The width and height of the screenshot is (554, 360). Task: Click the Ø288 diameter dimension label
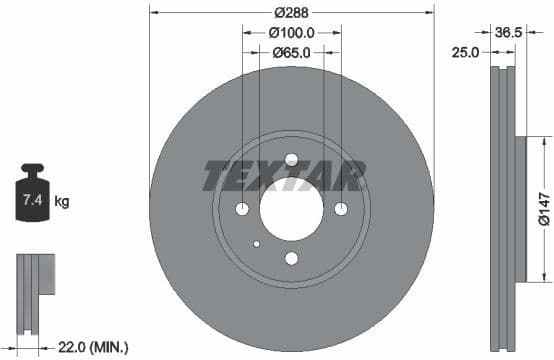291,14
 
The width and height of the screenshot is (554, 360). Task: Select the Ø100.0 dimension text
292,32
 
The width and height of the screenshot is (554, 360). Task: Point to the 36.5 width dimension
510,32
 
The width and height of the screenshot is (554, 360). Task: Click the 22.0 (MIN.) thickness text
93,347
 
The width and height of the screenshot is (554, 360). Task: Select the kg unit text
62,202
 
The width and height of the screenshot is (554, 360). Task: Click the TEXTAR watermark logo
283,176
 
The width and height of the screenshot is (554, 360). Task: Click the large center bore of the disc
291,209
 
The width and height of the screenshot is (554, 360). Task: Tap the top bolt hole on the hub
291,159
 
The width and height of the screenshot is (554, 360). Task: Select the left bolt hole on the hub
242,209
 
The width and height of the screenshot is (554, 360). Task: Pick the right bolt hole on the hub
340,208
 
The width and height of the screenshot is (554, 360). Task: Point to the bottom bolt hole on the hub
291,258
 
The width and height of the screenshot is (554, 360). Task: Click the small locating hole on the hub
257,243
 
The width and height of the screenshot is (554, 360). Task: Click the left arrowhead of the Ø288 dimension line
153,14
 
